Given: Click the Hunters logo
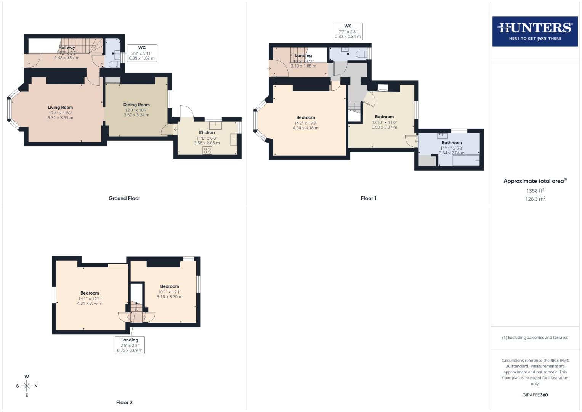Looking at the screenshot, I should pos(535,31).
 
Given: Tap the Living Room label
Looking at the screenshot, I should pos(60,108).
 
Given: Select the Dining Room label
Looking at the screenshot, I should pos(136,105).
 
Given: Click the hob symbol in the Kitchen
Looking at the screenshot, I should pos(207,150).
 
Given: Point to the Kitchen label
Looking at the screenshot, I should pos(207,132).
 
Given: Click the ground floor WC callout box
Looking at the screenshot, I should pos(142,53).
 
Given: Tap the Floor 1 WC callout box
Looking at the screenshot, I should pos(348,31).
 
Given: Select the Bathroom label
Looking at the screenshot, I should pos(452,143).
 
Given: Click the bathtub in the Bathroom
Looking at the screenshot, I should pos(466,160).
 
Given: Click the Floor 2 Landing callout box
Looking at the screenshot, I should pos(130,345).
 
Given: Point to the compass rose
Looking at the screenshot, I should pos(27,386).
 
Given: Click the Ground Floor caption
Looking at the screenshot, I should pos(124,198).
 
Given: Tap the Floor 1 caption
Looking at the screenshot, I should pos(369,198).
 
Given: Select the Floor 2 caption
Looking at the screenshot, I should pos(124,402).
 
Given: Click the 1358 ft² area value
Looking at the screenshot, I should pos(535,190).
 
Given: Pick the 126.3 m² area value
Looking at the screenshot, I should pos(535,199).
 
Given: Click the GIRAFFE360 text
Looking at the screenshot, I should pos(535,395).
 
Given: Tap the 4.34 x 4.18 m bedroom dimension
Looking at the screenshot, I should pos(306,128).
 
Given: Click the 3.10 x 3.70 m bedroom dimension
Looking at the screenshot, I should pos(170,297).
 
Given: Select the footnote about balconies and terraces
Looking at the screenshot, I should pos(535,338).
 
